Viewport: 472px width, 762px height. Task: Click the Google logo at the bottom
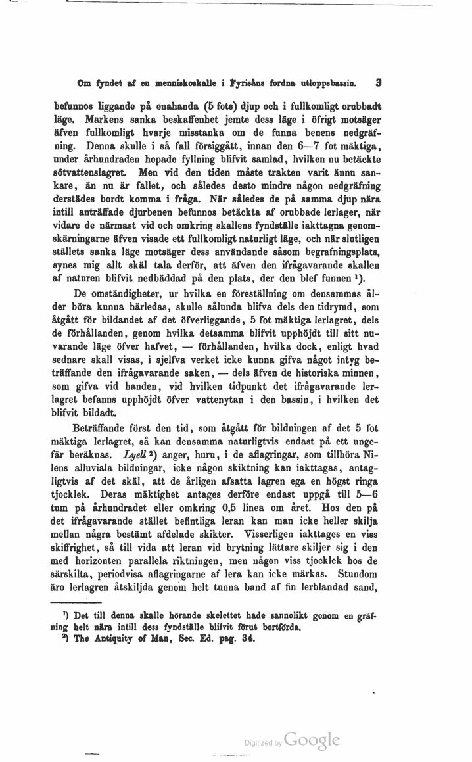pyautogui.click(x=314, y=740)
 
